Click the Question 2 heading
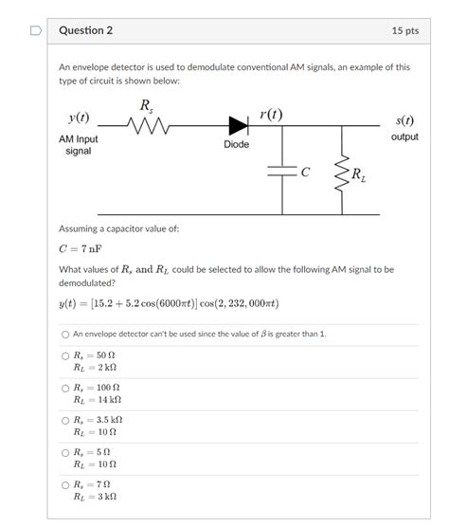85,30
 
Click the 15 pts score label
404,30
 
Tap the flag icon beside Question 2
36,30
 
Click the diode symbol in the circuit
238,124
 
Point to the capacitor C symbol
283,172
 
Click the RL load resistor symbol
345,173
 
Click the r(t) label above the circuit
270,115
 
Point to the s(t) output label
404,120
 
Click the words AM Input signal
79,145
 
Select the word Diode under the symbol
237,144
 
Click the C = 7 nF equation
80,250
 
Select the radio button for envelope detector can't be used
65,335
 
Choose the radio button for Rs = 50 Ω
65,356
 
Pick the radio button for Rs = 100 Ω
65,389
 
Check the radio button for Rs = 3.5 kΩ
65,420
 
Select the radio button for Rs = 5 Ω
65,452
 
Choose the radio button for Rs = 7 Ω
65,484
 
